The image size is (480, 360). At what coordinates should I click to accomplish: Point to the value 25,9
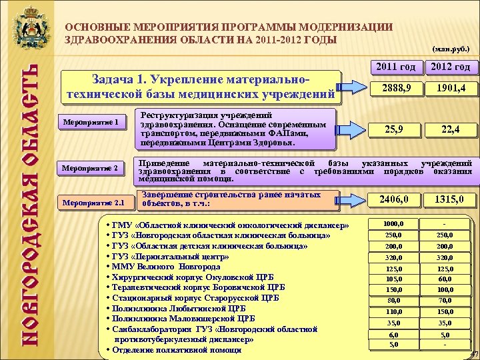394,130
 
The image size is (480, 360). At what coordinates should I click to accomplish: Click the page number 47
473,353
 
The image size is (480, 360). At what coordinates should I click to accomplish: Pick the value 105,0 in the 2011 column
394,279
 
